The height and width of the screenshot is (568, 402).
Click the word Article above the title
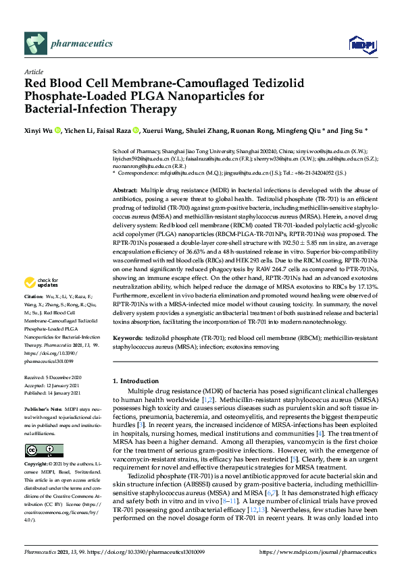tap(33, 72)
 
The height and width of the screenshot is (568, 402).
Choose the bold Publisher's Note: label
tap(44, 409)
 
